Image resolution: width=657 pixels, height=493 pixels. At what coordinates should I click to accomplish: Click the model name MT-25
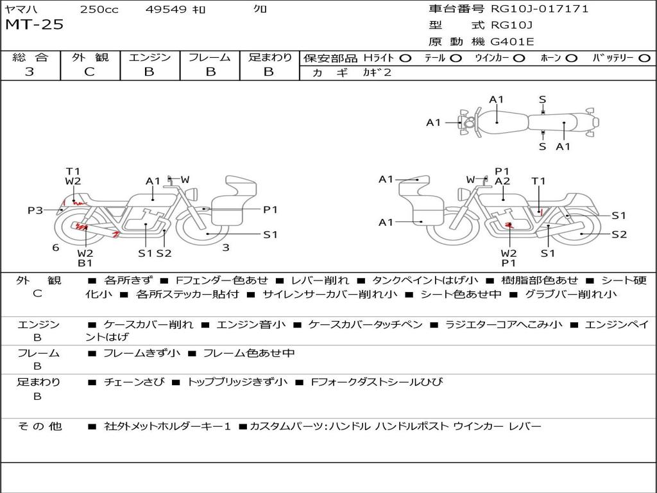click(x=35, y=25)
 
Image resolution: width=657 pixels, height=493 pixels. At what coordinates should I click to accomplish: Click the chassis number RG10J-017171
click(x=540, y=9)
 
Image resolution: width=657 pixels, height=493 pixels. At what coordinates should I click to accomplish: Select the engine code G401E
click(x=512, y=42)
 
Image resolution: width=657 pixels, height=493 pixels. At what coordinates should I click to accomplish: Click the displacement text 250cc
click(x=99, y=9)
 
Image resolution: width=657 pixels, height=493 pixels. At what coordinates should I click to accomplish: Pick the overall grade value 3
click(x=30, y=72)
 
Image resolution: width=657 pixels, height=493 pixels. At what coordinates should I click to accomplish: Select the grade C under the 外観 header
click(x=90, y=72)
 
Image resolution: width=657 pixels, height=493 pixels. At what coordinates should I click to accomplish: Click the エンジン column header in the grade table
click(x=150, y=57)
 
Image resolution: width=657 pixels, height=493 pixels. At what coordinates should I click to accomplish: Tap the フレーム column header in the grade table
click(x=210, y=57)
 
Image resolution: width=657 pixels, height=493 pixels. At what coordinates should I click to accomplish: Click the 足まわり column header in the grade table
click(x=270, y=57)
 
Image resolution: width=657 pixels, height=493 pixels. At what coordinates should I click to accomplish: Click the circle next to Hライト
click(x=405, y=58)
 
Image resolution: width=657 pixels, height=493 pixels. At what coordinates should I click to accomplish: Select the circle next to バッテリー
click(x=644, y=58)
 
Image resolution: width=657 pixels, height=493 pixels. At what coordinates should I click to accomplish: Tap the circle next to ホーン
click(x=571, y=58)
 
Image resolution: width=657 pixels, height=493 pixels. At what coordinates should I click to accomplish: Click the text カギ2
click(x=377, y=73)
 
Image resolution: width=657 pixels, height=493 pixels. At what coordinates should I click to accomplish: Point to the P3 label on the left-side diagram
click(x=35, y=210)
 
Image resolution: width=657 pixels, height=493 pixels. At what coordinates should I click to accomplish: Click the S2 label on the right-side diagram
click(x=619, y=234)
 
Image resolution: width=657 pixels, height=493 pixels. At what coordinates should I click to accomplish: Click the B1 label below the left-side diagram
click(x=85, y=263)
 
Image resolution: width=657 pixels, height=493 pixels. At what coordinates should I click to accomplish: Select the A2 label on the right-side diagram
click(x=502, y=181)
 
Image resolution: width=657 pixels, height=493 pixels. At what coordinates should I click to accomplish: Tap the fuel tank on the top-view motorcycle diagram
click(x=497, y=118)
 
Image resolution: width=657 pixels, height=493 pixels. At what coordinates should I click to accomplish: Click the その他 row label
click(x=39, y=426)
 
